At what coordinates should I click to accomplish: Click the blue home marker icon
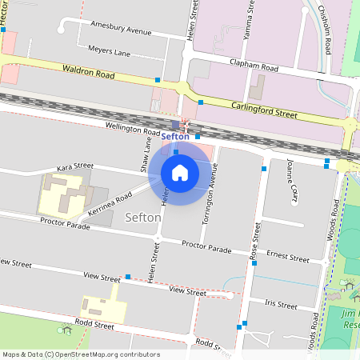click(x=180, y=172)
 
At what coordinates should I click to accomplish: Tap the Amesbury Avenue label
click(x=121, y=30)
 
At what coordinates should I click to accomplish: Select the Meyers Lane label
click(x=109, y=53)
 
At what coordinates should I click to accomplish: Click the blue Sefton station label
click(x=175, y=136)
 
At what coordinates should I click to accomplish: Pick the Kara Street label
click(x=74, y=168)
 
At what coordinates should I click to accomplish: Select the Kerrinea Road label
click(x=113, y=204)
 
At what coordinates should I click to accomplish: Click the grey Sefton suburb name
click(x=144, y=216)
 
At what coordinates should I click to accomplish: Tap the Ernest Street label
click(x=288, y=258)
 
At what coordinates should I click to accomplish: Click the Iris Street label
click(x=280, y=305)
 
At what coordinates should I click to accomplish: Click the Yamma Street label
click(x=250, y=20)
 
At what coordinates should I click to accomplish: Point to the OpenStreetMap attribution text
click(x=81, y=354)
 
